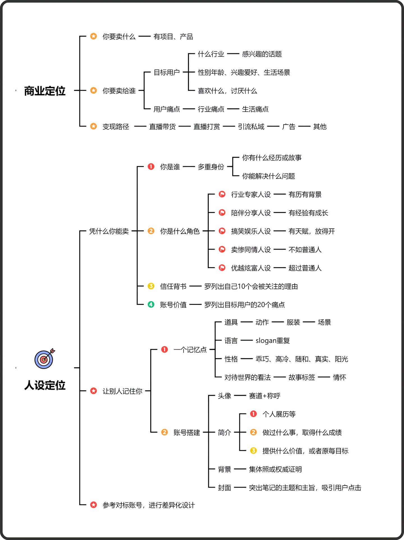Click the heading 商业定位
coord(45,91)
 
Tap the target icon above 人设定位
coord(44,359)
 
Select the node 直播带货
coord(162,127)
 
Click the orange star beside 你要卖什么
coord(93,36)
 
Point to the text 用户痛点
coord(166,109)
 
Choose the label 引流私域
coord(251,127)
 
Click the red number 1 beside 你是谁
coord(151,167)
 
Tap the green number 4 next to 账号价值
coord(151,305)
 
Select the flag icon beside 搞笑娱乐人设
coord(222,231)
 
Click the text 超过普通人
coord(305,268)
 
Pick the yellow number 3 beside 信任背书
coord(151,286)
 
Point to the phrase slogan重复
coord(272,341)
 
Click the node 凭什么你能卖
coord(109,231)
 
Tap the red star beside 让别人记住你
coord(93,391)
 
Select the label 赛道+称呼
coord(264,396)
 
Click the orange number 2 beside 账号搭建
coord(165,432)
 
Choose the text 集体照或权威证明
coord(275,469)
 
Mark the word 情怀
coord(339,377)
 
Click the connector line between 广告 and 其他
coord(304,127)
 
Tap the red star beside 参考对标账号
coord(93,505)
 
